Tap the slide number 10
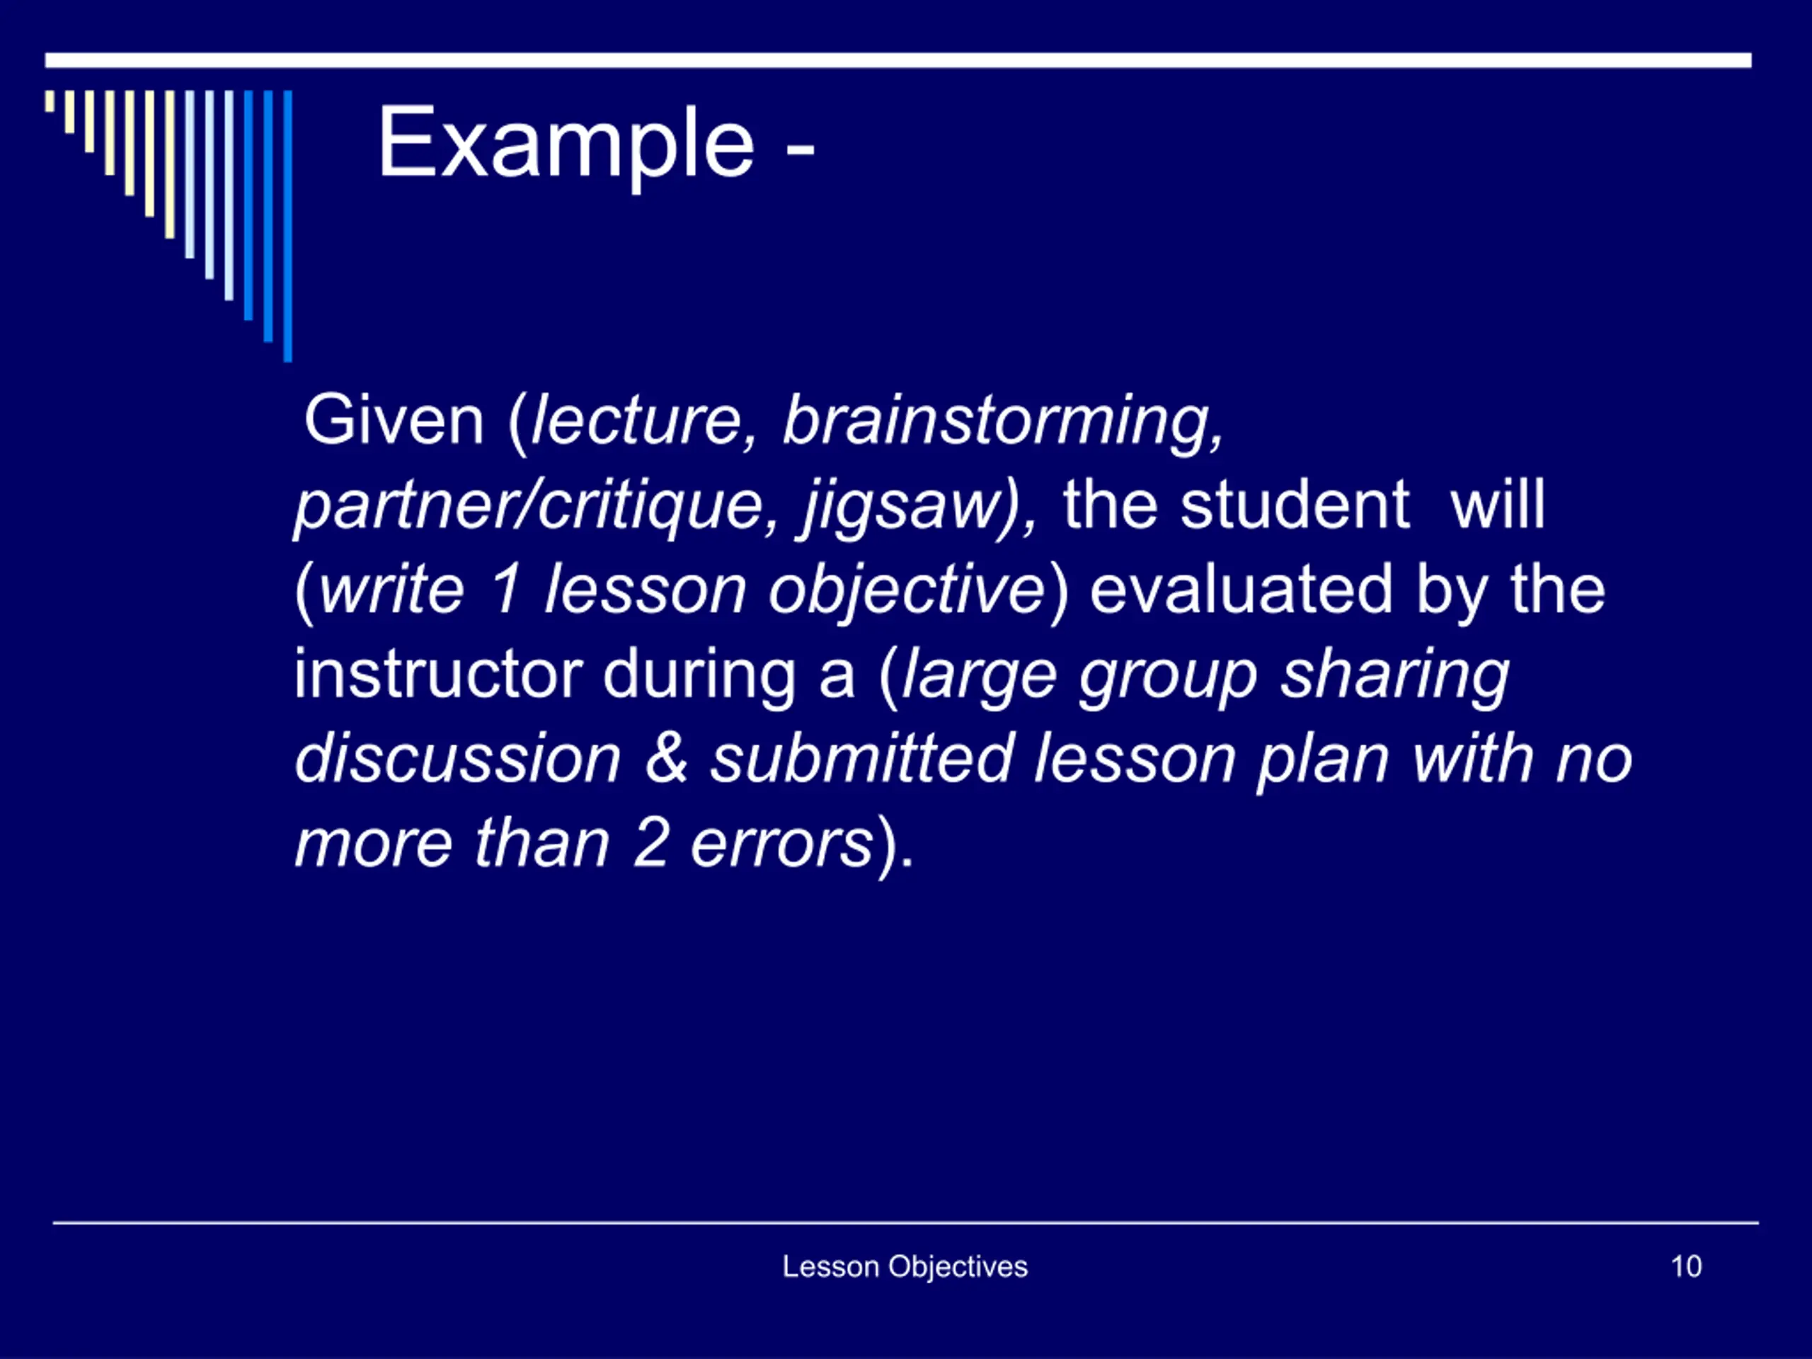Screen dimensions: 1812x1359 tap(1686, 1266)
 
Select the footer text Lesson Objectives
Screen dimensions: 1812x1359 tap(905, 1267)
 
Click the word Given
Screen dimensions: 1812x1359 tap(394, 420)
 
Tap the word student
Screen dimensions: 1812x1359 tap(1295, 505)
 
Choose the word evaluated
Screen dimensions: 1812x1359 tap(1241, 589)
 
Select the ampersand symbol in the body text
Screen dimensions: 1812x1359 tap(666, 759)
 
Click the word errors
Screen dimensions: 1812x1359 tap(782, 844)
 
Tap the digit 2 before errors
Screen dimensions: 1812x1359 tap(650, 843)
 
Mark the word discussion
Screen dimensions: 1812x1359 tap(458, 759)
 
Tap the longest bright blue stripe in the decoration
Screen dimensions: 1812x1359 tap(287, 226)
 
